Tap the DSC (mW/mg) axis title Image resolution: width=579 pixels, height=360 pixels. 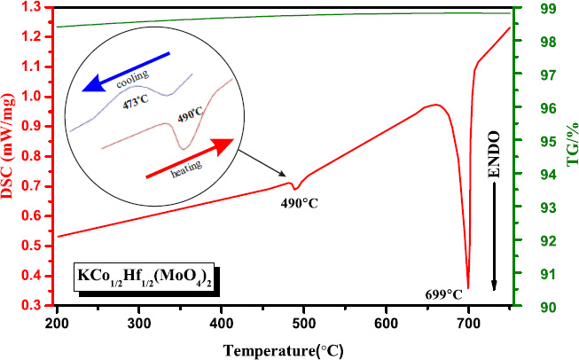click(x=12, y=156)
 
